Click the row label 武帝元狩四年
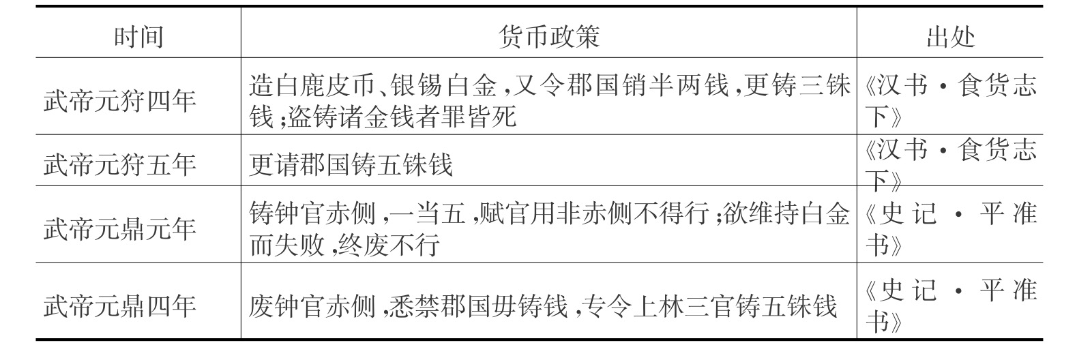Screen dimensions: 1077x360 click(120, 101)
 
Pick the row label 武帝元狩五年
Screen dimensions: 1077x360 click(120, 164)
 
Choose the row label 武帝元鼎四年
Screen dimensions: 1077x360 click(120, 305)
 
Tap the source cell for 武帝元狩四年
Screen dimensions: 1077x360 click(949, 101)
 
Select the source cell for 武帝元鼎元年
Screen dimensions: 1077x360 click(949, 228)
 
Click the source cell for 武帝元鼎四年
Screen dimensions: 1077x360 click(949, 305)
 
